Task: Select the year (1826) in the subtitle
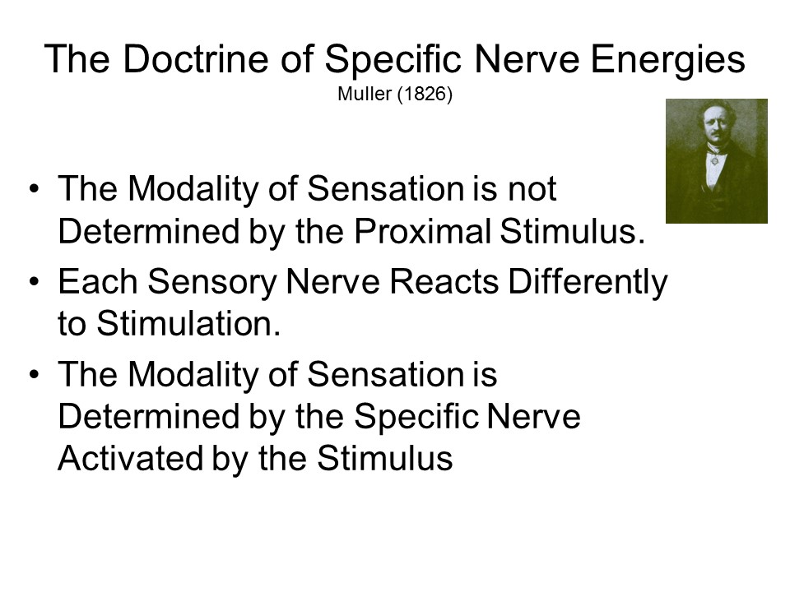coord(425,94)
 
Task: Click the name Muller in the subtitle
coord(365,94)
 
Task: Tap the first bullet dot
coord(34,189)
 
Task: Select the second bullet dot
coord(34,281)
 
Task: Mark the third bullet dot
coord(34,374)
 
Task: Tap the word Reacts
coord(444,281)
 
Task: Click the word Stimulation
coord(188,324)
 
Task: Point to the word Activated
coord(131,459)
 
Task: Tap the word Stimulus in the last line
coord(385,459)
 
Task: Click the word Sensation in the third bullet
coord(385,375)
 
